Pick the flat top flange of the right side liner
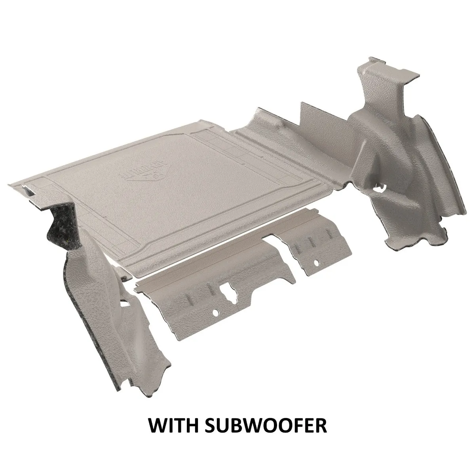(x=400, y=73)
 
